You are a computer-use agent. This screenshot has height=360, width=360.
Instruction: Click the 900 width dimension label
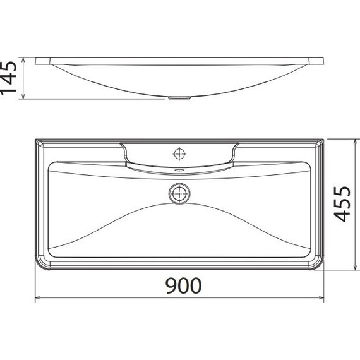pos(183,286)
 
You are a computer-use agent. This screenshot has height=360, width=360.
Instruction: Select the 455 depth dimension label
pos(342,204)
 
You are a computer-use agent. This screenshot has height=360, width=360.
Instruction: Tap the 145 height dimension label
pos(9,79)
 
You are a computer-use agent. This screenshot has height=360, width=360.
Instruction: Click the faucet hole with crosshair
pos(181,152)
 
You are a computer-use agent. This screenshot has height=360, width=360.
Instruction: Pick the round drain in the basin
pos(181,193)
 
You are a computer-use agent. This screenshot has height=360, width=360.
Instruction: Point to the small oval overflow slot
pos(181,170)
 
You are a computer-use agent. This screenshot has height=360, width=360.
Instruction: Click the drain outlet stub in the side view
pos(181,98)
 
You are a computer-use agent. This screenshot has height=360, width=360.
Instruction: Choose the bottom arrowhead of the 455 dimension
pos(349,270)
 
